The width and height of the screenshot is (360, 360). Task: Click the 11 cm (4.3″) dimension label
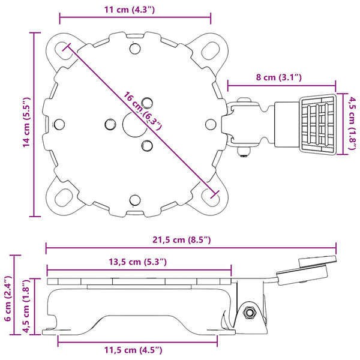pyautogui.click(x=130, y=10)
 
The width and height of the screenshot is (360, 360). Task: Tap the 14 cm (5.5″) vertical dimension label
pyautogui.click(x=27, y=122)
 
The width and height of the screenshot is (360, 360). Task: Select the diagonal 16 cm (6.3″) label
pyautogui.click(x=143, y=111)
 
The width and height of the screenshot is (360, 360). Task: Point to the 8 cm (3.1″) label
pyautogui.click(x=279, y=77)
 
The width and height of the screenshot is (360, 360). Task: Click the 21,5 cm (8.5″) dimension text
pyautogui.click(x=182, y=240)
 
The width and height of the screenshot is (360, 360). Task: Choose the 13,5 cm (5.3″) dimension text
pyautogui.click(x=137, y=262)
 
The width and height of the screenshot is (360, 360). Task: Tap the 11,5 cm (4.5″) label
pyautogui.click(x=133, y=350)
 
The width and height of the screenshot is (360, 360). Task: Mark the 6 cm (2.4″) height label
pyautogui.click(x=8, y=298)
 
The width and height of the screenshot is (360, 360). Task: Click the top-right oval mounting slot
pyautogui.click(x=210, y=51)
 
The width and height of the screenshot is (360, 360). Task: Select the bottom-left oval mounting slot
pyautogui.click(x=64, y=197)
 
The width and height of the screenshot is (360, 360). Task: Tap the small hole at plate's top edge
pyautogui.click(x=135, y=49)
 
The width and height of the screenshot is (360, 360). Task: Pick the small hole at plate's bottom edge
pyautogui.click(x=135, y=200)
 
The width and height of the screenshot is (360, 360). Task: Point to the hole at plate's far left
pyautogui.click(x=59, y=124)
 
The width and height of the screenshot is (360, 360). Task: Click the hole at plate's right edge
pyautogui.click(x=211, y=124)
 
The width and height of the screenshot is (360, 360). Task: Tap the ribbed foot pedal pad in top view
pyautogui.click(x=318, y=124)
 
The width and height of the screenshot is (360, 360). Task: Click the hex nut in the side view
pyautogui.click(x=249, y=312)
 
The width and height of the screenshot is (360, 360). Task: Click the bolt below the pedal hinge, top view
pyautogui.click(x=244, y=152)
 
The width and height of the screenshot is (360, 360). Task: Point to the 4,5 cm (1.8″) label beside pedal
pyautogui.click(x=353, y=123)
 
